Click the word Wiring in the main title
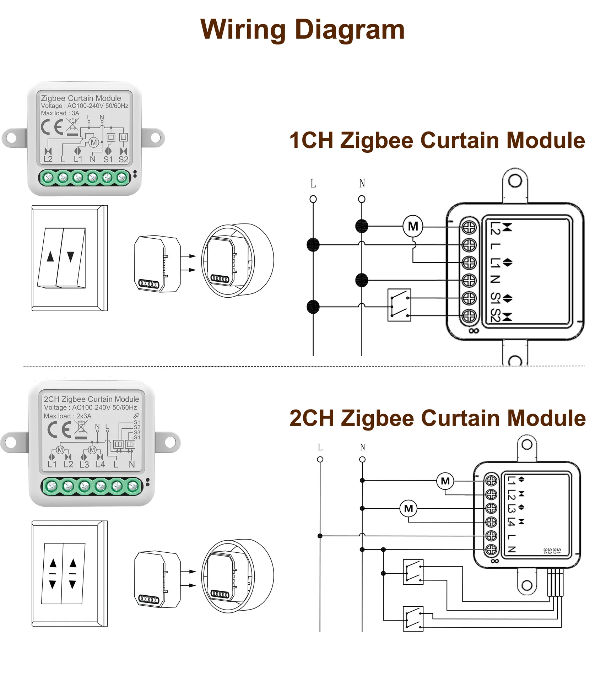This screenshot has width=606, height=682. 243,30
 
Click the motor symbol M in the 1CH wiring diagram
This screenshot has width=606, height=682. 413,226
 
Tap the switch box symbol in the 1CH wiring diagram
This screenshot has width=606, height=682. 399,305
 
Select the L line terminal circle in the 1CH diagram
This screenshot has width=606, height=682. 313,199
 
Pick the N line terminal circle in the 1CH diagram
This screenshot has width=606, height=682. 362,199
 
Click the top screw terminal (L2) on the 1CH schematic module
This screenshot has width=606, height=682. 469,227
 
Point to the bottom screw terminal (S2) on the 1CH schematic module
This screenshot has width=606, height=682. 469,315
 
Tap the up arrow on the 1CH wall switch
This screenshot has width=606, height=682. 50,256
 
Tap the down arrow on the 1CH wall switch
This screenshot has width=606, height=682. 71,256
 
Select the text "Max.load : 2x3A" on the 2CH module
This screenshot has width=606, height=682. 67,416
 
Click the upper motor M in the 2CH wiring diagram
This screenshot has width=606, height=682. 445,481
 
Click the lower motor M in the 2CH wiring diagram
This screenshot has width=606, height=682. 408,508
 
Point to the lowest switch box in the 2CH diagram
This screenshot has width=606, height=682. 413,619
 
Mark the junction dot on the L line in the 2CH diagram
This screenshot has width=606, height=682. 320,536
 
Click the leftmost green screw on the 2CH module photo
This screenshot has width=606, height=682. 52,486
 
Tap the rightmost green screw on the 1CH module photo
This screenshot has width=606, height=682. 122,177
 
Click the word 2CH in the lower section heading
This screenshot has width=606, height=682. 312,418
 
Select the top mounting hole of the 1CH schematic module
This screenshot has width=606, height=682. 515,181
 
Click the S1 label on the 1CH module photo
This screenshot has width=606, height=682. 108,159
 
